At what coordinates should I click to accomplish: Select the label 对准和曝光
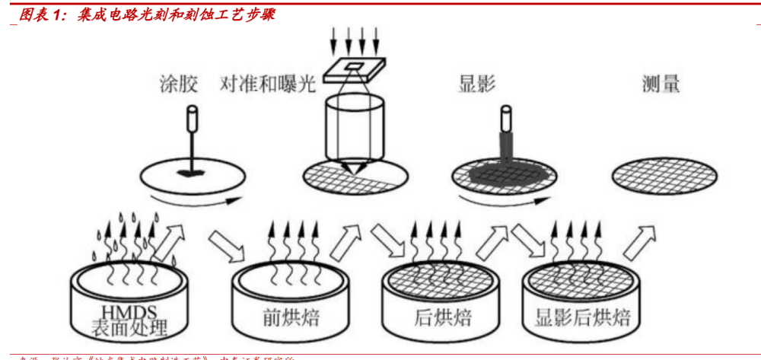coord(267,84)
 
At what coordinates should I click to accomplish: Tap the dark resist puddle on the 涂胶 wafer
coord(191,174)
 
